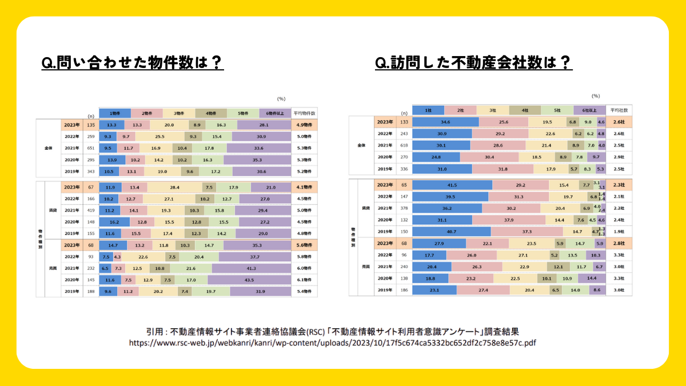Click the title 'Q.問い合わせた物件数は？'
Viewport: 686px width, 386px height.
click(133, 62)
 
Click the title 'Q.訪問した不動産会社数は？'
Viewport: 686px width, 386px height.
click(473, 62)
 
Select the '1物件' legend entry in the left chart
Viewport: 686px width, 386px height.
click(115, 113)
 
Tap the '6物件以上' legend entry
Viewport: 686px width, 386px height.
click(274, 113)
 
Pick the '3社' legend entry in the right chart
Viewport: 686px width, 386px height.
click(492, 110)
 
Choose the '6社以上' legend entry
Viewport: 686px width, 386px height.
click(589, 110)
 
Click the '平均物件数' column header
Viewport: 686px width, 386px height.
click(304, 113)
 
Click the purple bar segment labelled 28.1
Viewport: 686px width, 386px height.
click(264, 125)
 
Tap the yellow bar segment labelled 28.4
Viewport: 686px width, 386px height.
click(174, 187)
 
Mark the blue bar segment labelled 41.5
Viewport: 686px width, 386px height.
click(452, 185)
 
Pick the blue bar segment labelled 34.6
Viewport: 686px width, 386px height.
click(445, 122)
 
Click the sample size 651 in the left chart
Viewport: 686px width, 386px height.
click(90, 149)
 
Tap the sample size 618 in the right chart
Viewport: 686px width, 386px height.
click(404, 145)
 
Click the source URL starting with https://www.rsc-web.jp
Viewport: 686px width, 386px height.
click(333, 343)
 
